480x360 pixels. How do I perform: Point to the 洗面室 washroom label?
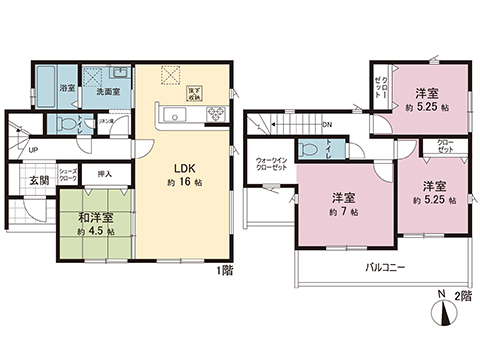[108, 92]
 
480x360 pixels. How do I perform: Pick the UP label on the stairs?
[33, 151]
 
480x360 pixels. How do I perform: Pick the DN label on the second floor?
[327, 125]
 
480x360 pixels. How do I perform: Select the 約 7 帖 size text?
[342, 213]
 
